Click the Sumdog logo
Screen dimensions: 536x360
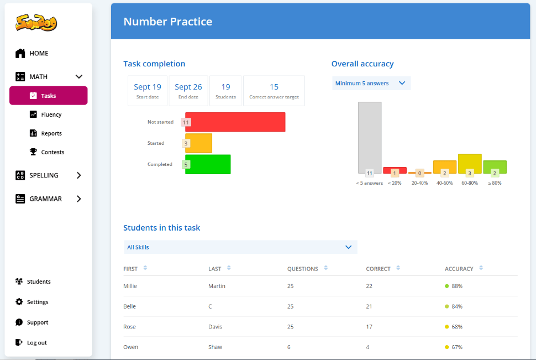36,23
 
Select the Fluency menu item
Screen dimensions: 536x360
45,114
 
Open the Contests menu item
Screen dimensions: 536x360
47,152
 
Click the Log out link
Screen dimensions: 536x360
31,342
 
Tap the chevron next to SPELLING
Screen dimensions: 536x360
79,175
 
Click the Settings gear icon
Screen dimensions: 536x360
19,302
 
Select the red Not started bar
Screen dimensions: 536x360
235,122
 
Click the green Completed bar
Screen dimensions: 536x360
208,164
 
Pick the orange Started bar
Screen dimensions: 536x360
198,143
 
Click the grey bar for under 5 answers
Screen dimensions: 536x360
370,138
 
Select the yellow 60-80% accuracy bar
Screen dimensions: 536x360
470,164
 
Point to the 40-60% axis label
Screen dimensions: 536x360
444,183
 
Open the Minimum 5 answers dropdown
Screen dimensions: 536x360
371,83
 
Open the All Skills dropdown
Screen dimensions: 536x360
241,247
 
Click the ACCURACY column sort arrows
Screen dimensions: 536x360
481,268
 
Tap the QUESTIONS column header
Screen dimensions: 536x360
302,269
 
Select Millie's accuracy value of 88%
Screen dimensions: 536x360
457,286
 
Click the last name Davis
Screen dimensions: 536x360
216,327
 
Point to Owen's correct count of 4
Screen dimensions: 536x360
367,347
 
